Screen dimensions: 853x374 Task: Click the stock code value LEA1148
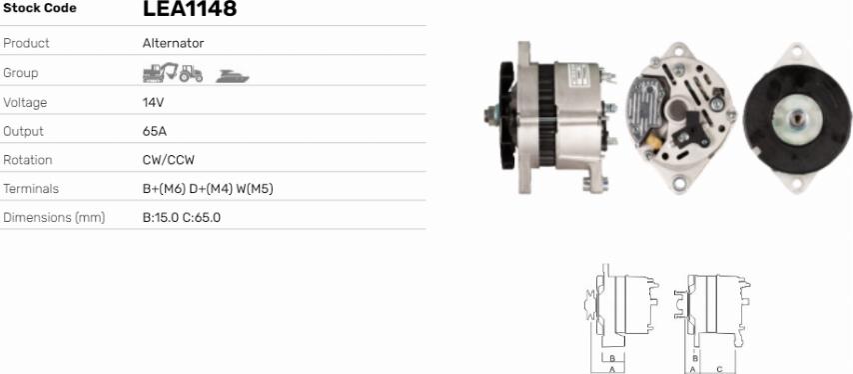[190, 8]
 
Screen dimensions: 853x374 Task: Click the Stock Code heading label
[40, 8]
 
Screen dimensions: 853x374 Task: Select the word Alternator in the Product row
[173, 43]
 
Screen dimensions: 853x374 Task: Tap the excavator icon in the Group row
[160, 72]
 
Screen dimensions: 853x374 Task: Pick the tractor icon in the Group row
[191, 73]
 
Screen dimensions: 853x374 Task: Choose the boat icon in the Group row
[233, 76]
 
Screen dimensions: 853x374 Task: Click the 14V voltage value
[153, 102]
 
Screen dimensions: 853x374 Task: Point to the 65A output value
[154, 131]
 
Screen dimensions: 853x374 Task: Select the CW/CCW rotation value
[168, 160]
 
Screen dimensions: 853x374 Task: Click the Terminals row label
[31, 189]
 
